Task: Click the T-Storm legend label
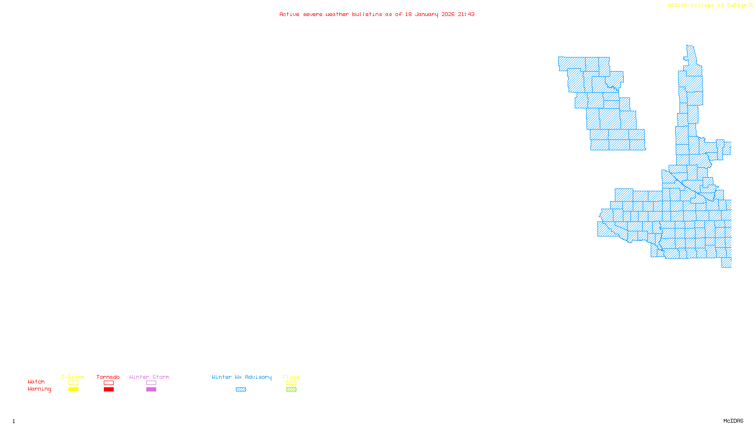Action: tap(73, 377)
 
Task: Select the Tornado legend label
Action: tap(108, 377)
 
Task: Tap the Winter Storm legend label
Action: tap(149, 377)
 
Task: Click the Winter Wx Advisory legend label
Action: tap(242, 377)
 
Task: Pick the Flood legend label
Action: tap(291, 377)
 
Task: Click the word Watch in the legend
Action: tap(36, 382)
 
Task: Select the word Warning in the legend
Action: tap(40, 389)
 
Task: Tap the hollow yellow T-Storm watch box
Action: tap(73, 383)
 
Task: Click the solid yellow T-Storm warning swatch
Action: tap(73, 390)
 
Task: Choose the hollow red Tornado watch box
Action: tap(109, 383)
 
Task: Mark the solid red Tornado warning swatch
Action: tap(109, 390)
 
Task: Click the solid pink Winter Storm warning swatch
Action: tap(151, 390)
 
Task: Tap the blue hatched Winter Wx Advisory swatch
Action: tap(241, 390)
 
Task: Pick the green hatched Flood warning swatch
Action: tap(291, 390)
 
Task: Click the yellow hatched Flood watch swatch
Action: tap(291, 383)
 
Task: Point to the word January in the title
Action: tap(427, 15)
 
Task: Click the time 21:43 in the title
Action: tap(466, 15)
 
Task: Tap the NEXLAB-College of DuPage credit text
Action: tap(707, 6)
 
